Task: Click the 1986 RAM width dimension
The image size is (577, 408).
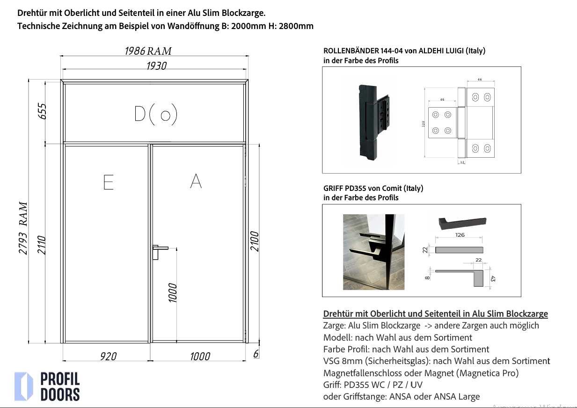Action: [148, 51]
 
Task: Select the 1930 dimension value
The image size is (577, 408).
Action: [156, 66]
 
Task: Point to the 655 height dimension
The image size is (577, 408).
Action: [43, 111]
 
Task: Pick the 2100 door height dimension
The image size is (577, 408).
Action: [255, 241]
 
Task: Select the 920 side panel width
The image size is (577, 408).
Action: [108, 357]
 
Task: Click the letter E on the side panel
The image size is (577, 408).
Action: [108, 182]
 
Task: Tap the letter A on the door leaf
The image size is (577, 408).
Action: [196, 181]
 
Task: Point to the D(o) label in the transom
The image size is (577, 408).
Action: [155, 114]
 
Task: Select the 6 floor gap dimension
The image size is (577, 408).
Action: [256, 354]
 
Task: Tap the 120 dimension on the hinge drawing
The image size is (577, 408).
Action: [423, 124]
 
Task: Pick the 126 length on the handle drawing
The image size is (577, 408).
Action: [460, 235]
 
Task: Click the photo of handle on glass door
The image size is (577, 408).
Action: [373, 252]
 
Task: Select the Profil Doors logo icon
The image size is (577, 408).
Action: [23, 386]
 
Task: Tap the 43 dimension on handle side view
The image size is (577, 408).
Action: [493, 279]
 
